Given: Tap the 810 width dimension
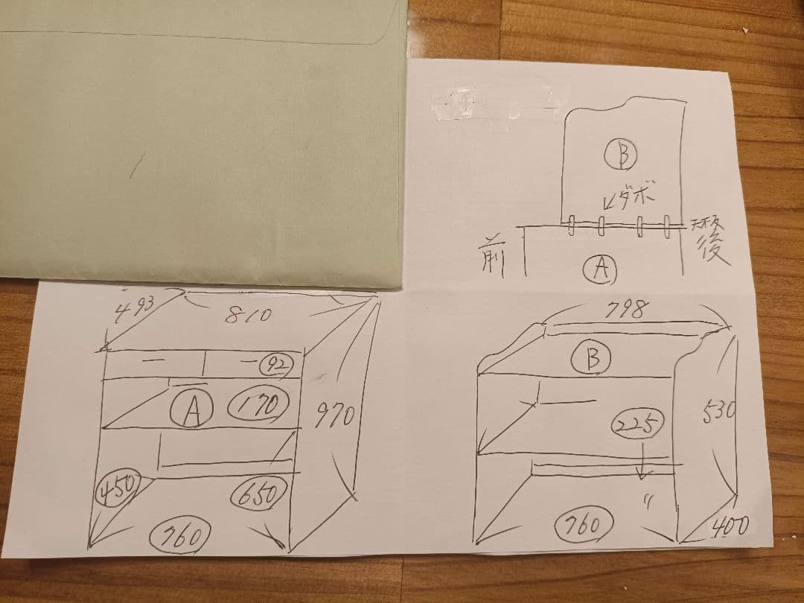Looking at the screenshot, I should pyautogui.click(x=246, y=315).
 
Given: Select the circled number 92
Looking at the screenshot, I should pyautogui.click(x=276, y=363).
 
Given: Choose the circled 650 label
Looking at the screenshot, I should pyautogui.click(x=261, y=493).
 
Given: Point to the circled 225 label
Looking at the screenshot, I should pyautogui.click(x=636, y=426).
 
